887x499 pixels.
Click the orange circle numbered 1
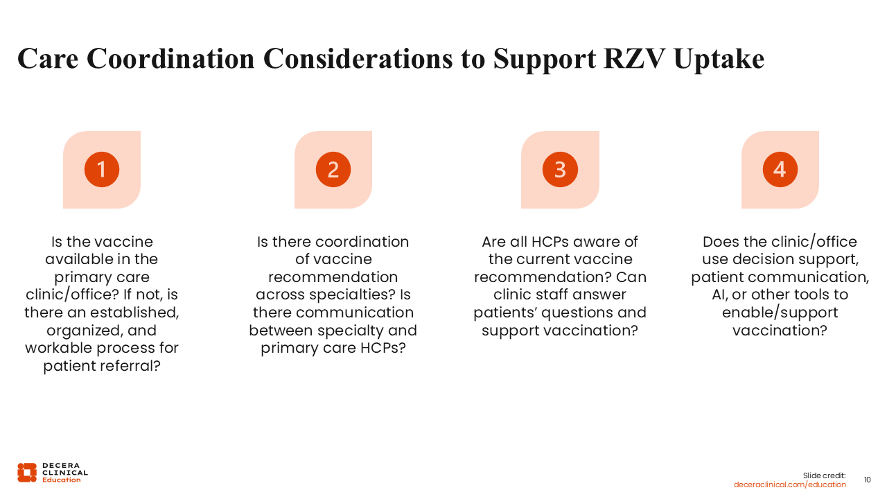click(102, 170)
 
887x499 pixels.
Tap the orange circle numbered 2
click(333, 170)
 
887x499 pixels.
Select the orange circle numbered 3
click(560, 170)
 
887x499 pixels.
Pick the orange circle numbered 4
click(780, 170)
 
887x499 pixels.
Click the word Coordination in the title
click(170, 59)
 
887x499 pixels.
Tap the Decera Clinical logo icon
click(27, 473)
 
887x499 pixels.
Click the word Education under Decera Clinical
click(62, 480)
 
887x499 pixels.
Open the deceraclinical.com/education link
click(789, 484)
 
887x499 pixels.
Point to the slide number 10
click(867, 480)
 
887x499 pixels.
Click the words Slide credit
click(824, 475)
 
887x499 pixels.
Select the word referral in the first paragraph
click(131, 365)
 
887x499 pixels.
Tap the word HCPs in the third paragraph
click(550, 242)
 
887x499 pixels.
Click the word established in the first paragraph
click(134, 313)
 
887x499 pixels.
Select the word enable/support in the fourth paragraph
click(780, 313)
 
